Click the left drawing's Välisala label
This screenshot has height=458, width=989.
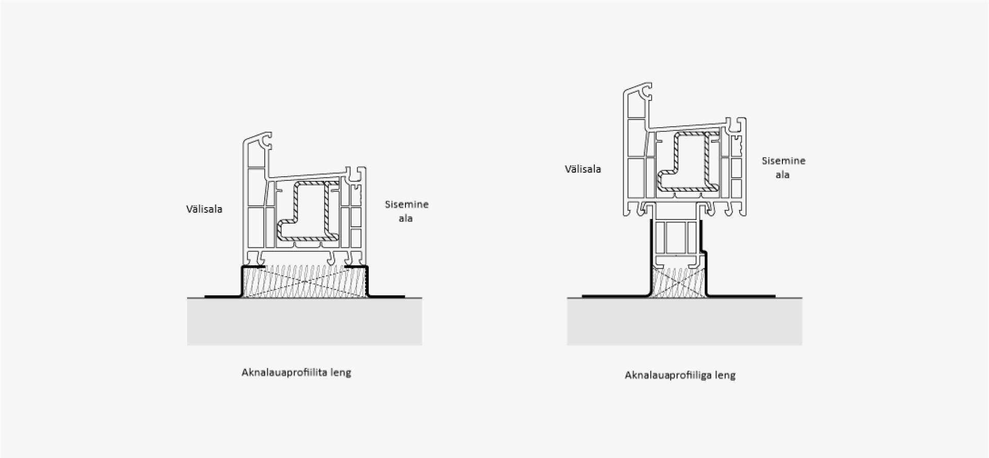point(204,209)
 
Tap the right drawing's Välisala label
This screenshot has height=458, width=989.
point(583,169)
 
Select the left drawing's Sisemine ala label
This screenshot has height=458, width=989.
point(406,211)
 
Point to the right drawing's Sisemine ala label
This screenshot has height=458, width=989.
point(783,167)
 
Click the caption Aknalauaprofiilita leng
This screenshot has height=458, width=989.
point(296,372)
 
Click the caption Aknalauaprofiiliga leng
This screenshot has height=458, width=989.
point(680,375)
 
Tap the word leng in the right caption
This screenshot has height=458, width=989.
point(725,376)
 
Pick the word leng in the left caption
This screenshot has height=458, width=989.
point(341,372)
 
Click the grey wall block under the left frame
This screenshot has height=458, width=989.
point(304,321)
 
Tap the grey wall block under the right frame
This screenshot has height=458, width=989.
point(685,321)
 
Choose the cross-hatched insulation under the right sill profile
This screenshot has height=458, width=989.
point(678,282)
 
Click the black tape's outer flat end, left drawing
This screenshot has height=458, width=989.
point(206,296)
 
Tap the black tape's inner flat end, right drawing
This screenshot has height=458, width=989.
point(774,296)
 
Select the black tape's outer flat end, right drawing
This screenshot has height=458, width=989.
point(584,296)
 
